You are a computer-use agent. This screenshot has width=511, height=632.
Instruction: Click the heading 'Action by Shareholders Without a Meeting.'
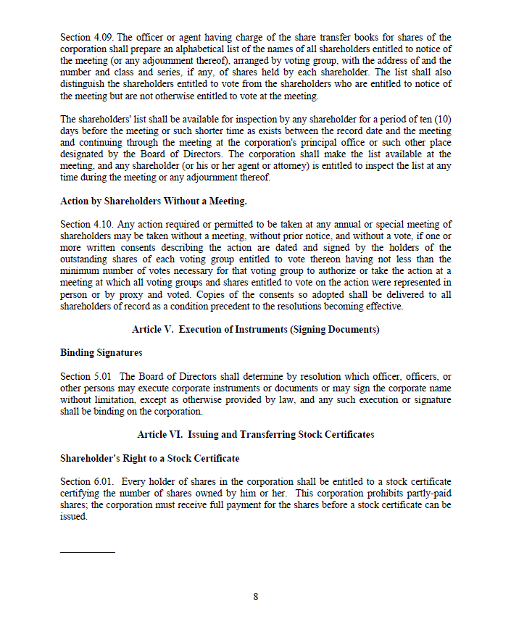(x=154, y=201)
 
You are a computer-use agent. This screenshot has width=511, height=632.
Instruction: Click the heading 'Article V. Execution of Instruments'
(x=256, y=330)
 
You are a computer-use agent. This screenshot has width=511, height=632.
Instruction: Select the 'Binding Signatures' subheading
(x=101, y=353)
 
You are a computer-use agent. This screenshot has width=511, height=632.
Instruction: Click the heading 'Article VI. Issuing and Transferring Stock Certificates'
(x=256, y=435)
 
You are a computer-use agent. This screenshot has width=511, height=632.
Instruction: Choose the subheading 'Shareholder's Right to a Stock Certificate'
(x=149, y=458)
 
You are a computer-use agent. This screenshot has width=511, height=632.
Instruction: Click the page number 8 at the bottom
(x=256, y=597)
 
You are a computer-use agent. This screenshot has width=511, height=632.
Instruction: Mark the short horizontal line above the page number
(x=87, y=552)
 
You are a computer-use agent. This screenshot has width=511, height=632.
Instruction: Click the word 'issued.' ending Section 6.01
(x=73, y=517)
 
